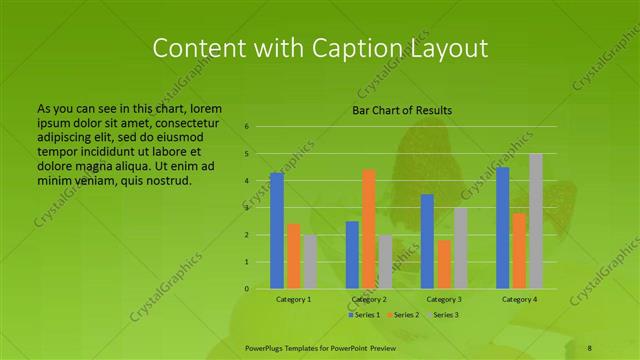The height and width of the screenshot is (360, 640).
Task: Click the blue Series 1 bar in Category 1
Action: click(277, 231)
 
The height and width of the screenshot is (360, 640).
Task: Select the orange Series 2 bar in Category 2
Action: click(369, 229)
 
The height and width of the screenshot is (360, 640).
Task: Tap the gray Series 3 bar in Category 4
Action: click(536, 221)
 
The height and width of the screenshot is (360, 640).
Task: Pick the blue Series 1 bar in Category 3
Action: click(427, 241)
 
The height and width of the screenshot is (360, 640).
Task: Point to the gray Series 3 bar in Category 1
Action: click(311, 262)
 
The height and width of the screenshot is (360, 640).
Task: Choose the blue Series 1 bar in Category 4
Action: click(503, 228)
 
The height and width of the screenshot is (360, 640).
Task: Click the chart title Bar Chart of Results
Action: click(402, 110)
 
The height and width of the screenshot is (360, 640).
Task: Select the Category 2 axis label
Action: click(369, 299)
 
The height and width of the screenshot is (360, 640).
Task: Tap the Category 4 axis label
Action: click(519, 299)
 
